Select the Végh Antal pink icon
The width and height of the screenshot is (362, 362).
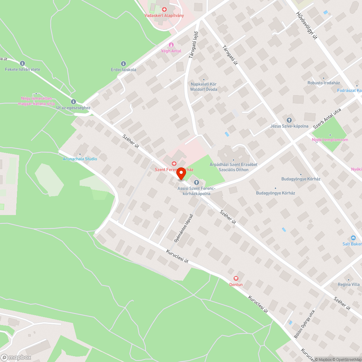pos(171,45)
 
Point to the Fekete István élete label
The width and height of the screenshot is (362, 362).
pos(22,69)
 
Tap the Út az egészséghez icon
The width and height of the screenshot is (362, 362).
pos(73,102)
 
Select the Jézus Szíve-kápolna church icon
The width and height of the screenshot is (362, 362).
pos(289,120)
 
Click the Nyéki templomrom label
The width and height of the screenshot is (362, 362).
pos(330,140)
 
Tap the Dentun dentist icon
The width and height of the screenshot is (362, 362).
pos(236,278)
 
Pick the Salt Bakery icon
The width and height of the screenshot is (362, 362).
pos(353,238)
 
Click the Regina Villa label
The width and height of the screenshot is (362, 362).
pos(349,285)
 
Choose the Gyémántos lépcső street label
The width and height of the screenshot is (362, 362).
pos(184,228)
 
